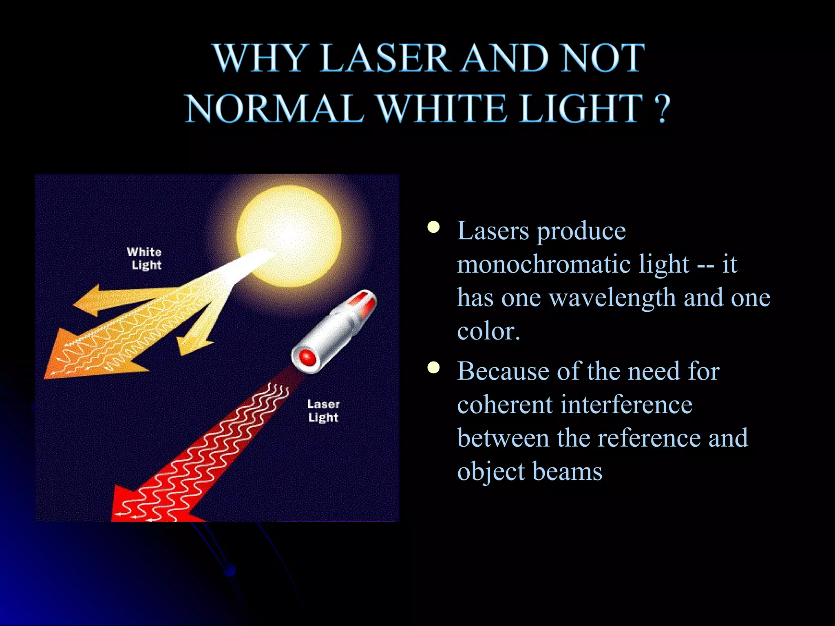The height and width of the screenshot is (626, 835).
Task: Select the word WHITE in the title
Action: (x=442, y=109)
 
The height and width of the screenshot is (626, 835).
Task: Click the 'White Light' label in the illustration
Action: (x=145, y=258)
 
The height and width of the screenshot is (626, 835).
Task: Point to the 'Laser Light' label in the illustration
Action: (x=323, y=411)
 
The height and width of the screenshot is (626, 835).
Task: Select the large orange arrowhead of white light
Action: (x=77, y=359)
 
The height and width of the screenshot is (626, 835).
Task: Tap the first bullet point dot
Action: (x=434, y=227)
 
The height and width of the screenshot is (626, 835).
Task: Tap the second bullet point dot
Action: (x=434, y=368)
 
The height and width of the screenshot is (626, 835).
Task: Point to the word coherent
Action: (x=504, y=405)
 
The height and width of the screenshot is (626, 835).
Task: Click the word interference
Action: (x=626, y=405)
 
